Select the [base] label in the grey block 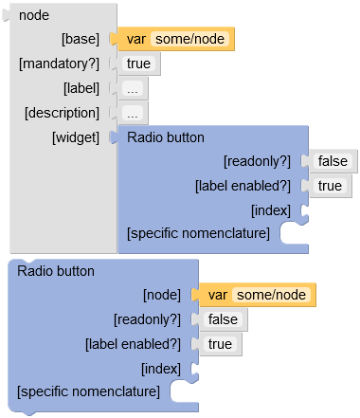click(x=80, y=40)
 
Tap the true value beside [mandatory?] click(x=138, y=64)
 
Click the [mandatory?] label click(x=59, y=64)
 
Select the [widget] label click(x=75, y=137)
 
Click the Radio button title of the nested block click(x=165, y=137)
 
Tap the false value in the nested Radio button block click(x=333, y=162)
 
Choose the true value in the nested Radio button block click(x=330, y=186)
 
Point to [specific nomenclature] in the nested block click(x=198, y=233)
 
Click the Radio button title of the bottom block click(x=56, y=271)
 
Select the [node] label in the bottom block click(x=160, y=296)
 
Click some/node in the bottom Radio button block click(x=271, y=296)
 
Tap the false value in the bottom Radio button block click(x=223, y=320)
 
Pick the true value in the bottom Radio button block click(x=220, y=344)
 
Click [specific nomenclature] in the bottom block click(x=88, y=391)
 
